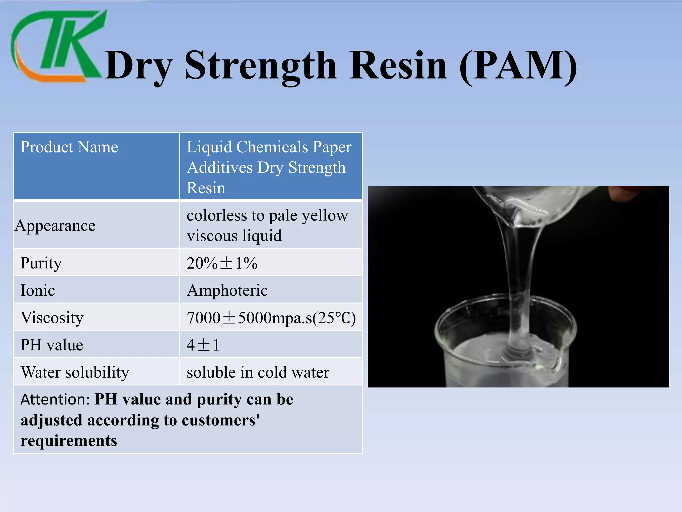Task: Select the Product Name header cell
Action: coord(69,147)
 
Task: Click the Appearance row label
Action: coord(55,226)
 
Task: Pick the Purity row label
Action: coord(41,263)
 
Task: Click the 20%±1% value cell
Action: coord(222,263)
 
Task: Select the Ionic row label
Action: coord(38,290)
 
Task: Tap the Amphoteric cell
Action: coord(227,290)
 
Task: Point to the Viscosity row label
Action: coord(52,318)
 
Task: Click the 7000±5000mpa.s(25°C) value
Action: coord(271,318)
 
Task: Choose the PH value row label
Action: coord(52,345)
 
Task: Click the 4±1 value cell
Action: coord(203,345)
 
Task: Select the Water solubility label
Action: coord(75,372)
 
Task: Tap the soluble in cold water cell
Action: coord(258,372)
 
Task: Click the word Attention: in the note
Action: coord(55,399)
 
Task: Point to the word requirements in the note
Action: coord(69,441)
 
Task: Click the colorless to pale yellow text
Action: coord(267,215)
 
